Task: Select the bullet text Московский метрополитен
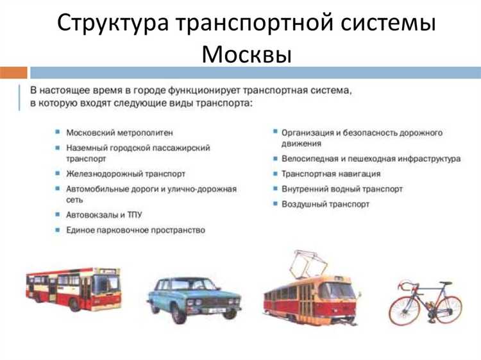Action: [x=119, y=133]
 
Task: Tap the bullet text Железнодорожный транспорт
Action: [x=126, y=173]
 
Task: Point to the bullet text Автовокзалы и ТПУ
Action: [x=105, y=214]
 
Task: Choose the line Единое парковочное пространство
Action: [x=135, y=230]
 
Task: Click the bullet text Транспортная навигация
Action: [x=331, y=174]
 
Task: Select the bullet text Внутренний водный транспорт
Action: [x=342, y=189]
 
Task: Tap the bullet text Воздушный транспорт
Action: [x=325, y=204]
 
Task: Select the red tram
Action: [x=309, y=298]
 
